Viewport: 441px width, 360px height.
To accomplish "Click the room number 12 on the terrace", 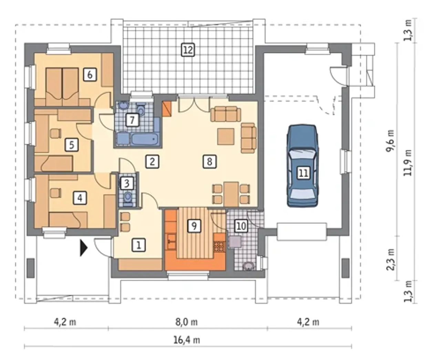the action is pyautogui.click(x=188, y=50).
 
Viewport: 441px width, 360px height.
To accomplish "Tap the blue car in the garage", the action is pyautogui.click(x=302, y=166).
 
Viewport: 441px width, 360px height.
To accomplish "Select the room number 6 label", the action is pyautogui.click(x=90, y=74).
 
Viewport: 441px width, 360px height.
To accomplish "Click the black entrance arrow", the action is pyautogui.click(x=83, y=248).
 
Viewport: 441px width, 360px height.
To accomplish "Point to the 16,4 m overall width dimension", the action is pyautogui.click(x=187, y=340).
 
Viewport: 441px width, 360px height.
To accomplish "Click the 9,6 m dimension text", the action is pyautogui.click(x=390, y=141).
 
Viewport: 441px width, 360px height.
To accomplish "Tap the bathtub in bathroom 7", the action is pyautogui.click(x=145, y=139).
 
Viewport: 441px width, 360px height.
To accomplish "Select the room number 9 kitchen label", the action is pyautogui.click(x=194, y=226).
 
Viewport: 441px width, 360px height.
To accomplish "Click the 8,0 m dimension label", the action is pyautogui.click(x=186, y=322).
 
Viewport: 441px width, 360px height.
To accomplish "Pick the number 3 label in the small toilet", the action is pyautogui.click(x=127, y=183).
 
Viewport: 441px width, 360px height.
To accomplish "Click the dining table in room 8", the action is pyautogui.click(x=231, y=194).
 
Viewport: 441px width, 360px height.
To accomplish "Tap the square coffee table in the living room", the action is pyautogui.click(x=226, y=137).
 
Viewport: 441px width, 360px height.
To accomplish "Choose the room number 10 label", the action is pyautogui.click(x=241, y=226).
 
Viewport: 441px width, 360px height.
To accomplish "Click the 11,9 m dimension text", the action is pyautogui.click(x=408, y=163).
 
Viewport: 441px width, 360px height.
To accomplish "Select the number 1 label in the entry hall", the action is pyautogui.click(x=139, y=245).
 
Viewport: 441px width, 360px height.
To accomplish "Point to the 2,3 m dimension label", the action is pyautogui.click(x=390, y=260).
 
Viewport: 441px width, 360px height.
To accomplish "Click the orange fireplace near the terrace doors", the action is pyautogui.click(x=167, y=109).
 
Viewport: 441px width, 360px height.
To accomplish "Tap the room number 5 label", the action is pyautogui.click(x=72, y=144).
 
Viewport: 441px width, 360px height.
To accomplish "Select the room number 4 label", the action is pyautogui.click(x=80, y=198).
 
